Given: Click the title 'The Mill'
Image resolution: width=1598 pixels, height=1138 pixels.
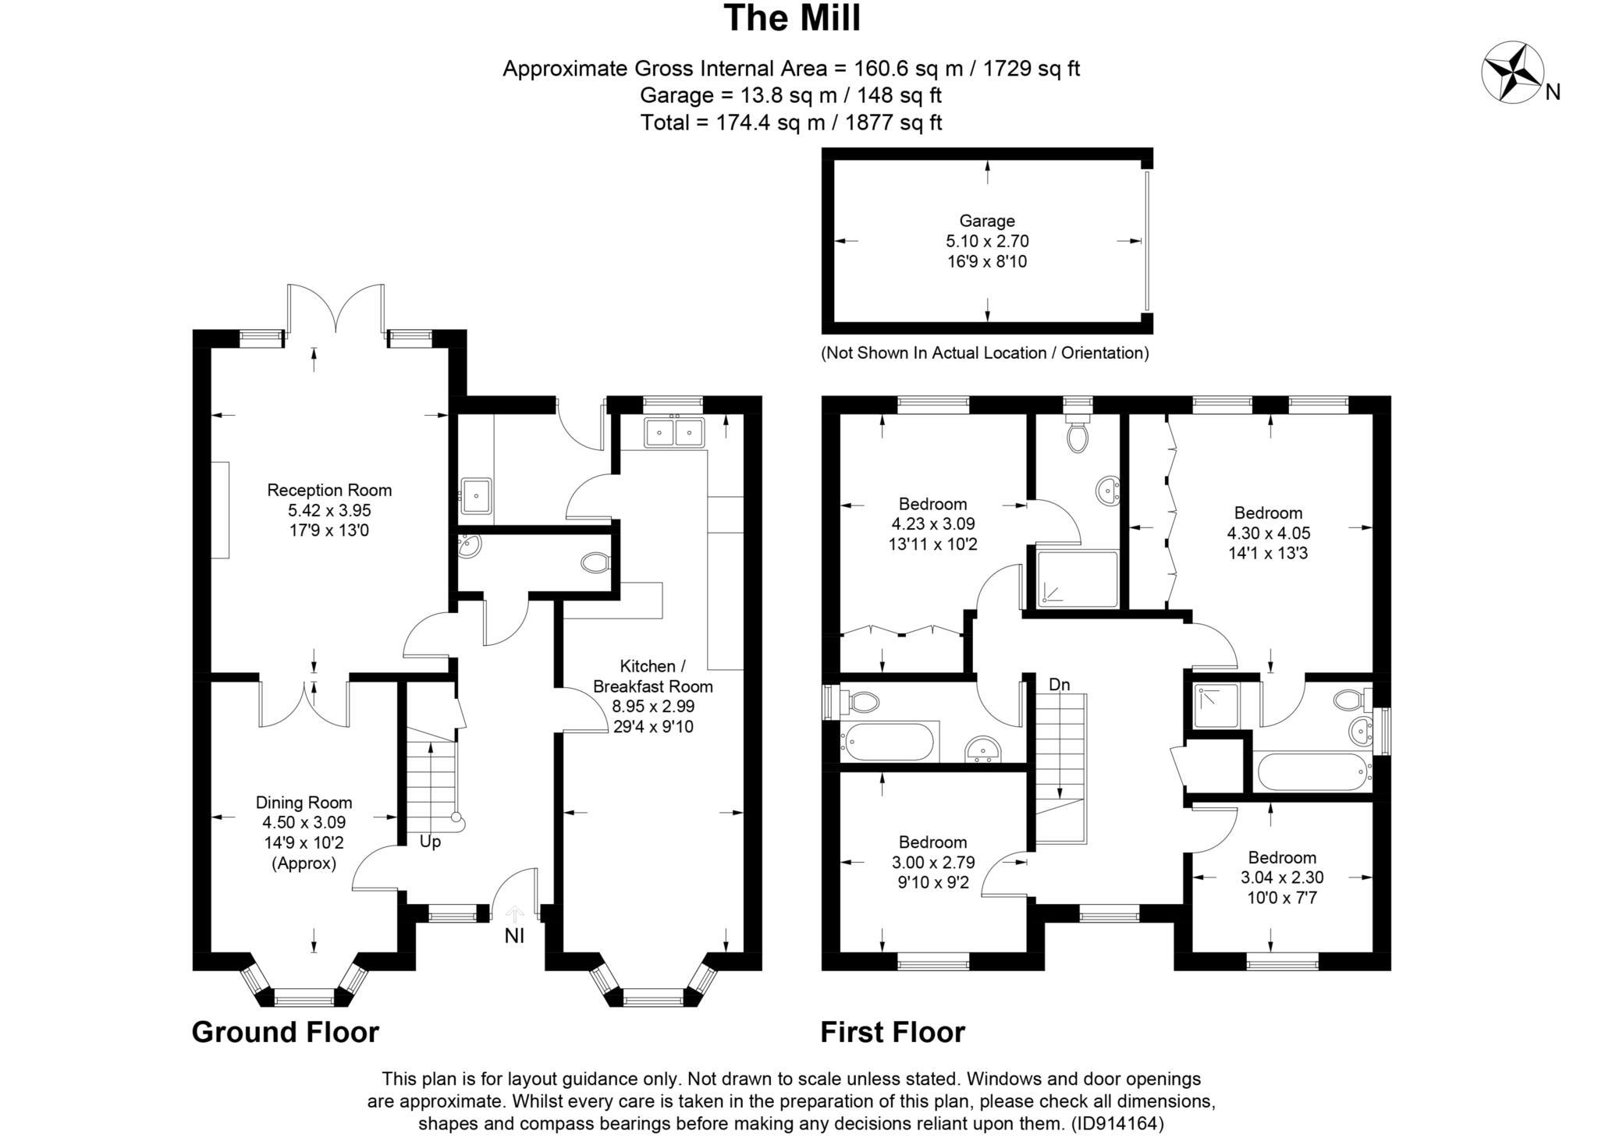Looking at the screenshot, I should tap(792, 19).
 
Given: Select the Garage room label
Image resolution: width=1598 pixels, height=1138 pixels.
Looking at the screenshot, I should tap(987, 222).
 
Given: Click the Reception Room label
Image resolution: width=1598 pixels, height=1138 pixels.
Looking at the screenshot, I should tap(329, 491).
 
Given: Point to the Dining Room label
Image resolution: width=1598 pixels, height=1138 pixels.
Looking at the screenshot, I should tap(304, 803).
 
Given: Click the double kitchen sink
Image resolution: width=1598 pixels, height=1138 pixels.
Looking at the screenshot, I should tap(674, 432).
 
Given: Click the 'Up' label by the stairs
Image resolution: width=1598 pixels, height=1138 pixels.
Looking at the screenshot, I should tap(430, 842).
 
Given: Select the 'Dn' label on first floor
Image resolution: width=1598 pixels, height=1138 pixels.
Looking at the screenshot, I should tap(1059, 685).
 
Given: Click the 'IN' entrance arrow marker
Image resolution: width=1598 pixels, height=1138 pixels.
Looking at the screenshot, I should tap(514, 928).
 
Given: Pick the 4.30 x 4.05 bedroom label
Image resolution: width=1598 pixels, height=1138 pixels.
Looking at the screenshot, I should tap(1268, 513).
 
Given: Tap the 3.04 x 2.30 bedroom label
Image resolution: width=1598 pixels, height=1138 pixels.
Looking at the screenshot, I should tap(1282, 857).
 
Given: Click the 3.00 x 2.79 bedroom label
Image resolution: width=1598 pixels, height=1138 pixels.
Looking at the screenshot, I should tap(932, 842).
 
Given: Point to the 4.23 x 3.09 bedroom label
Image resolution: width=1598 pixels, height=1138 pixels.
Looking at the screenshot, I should tap(932, 504).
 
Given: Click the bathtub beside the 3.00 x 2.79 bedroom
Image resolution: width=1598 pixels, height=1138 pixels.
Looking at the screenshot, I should tap(888, 742).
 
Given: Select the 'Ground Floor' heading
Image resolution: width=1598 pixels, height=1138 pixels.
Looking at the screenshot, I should tap(285, 1032).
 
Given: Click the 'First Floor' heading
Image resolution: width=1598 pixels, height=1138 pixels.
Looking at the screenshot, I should tap(892, 1032).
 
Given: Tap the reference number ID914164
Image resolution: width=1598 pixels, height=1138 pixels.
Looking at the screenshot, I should tap(1117, 1124).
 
